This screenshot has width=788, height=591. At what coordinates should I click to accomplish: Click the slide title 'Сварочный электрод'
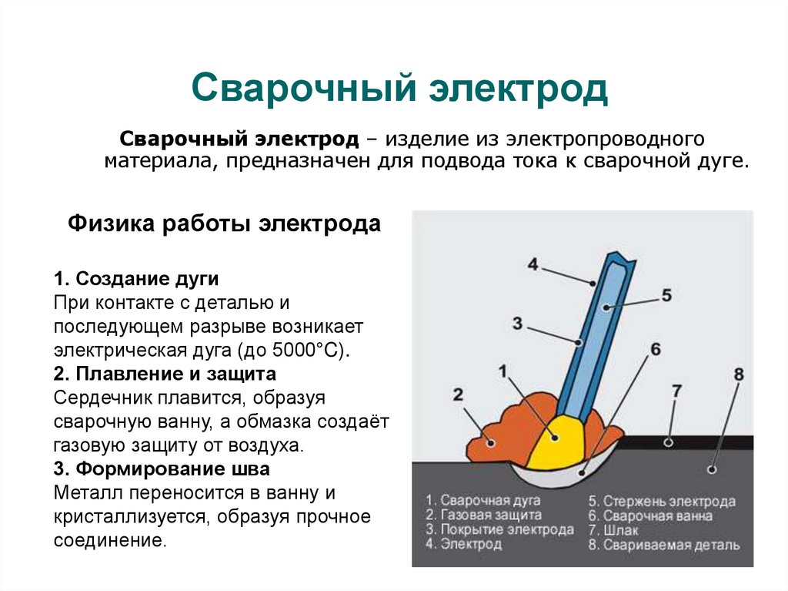pos(399,89)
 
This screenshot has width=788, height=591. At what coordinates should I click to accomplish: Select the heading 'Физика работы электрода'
pos(224,224)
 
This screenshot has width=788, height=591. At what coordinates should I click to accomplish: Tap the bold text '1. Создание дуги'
pos(136,277)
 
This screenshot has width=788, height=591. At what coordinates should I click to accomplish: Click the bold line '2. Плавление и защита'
pos(165,374)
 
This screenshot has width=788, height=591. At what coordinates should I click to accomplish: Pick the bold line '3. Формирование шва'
pos(162,469)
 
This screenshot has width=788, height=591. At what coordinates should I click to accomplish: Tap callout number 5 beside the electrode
pos(666,294)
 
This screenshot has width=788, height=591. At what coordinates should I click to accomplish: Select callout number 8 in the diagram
pos(739,374)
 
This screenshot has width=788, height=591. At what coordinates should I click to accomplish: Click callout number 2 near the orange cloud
pos(458,395)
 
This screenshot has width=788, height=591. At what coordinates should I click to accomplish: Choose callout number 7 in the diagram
pos(676,391)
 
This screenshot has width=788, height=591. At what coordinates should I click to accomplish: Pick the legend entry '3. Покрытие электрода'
pos(499,530)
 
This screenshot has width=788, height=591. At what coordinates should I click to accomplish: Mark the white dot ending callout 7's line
pos(668,442)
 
